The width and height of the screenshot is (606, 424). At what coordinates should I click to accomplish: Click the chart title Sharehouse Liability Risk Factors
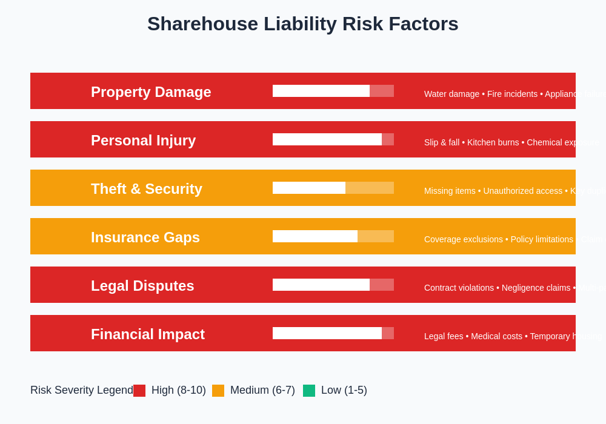pyautogui.click(x=303, y=24)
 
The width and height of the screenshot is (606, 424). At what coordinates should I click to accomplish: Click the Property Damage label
pyautogui.click(x=151, y=92)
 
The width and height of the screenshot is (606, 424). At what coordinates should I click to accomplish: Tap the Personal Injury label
pyautogui.click(x=143, y=141)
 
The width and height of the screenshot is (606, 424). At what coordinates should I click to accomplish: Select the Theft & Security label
pyautogui.click(x=147, y=189)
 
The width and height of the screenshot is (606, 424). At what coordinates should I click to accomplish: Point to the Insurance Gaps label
pyautogui.click(x=145, y=237)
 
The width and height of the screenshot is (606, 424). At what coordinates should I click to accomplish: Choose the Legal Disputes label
pyautogui.click(x=142, y=286)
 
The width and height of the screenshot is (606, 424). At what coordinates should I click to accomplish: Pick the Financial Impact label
pyautogui.click(x=148, y=334)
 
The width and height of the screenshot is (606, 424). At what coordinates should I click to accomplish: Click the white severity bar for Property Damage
pyautogui.click(x=321, y=91)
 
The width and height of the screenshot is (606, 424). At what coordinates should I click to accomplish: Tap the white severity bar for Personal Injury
pyautogui.click(x=327, y=139)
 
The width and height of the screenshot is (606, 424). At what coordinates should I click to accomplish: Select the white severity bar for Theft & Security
pyautogui.click(x=309, y=188)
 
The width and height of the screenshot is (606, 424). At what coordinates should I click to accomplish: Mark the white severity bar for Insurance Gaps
pyautogui.click(x=315, y=236)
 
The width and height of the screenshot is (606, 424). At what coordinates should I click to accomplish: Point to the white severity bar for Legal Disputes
pyautogui.click(x=321, y=285)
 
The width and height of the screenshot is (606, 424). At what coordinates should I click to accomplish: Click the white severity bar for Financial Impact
pyautogui.click(x=327, y=333)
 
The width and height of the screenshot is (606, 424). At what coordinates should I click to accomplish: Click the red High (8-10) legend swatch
pyautogui.click(x=139, y=391)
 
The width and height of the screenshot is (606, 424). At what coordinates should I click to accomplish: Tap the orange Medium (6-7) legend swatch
pyautogui.click(x=218, y=391)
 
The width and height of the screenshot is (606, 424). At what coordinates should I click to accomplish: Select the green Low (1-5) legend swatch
pyautogui.click(x=309, y=391)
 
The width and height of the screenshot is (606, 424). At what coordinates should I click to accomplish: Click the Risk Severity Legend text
pyautogui.click(x=81, y=391)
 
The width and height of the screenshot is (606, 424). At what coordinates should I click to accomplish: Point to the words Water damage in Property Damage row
pyautogui.click(x=451, y=94)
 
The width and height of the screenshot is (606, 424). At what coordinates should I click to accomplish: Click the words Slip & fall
pyautogui.click(x=442, y=142)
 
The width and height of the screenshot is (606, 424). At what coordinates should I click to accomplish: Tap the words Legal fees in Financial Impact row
pyautogui.click(x=444, y=336)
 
